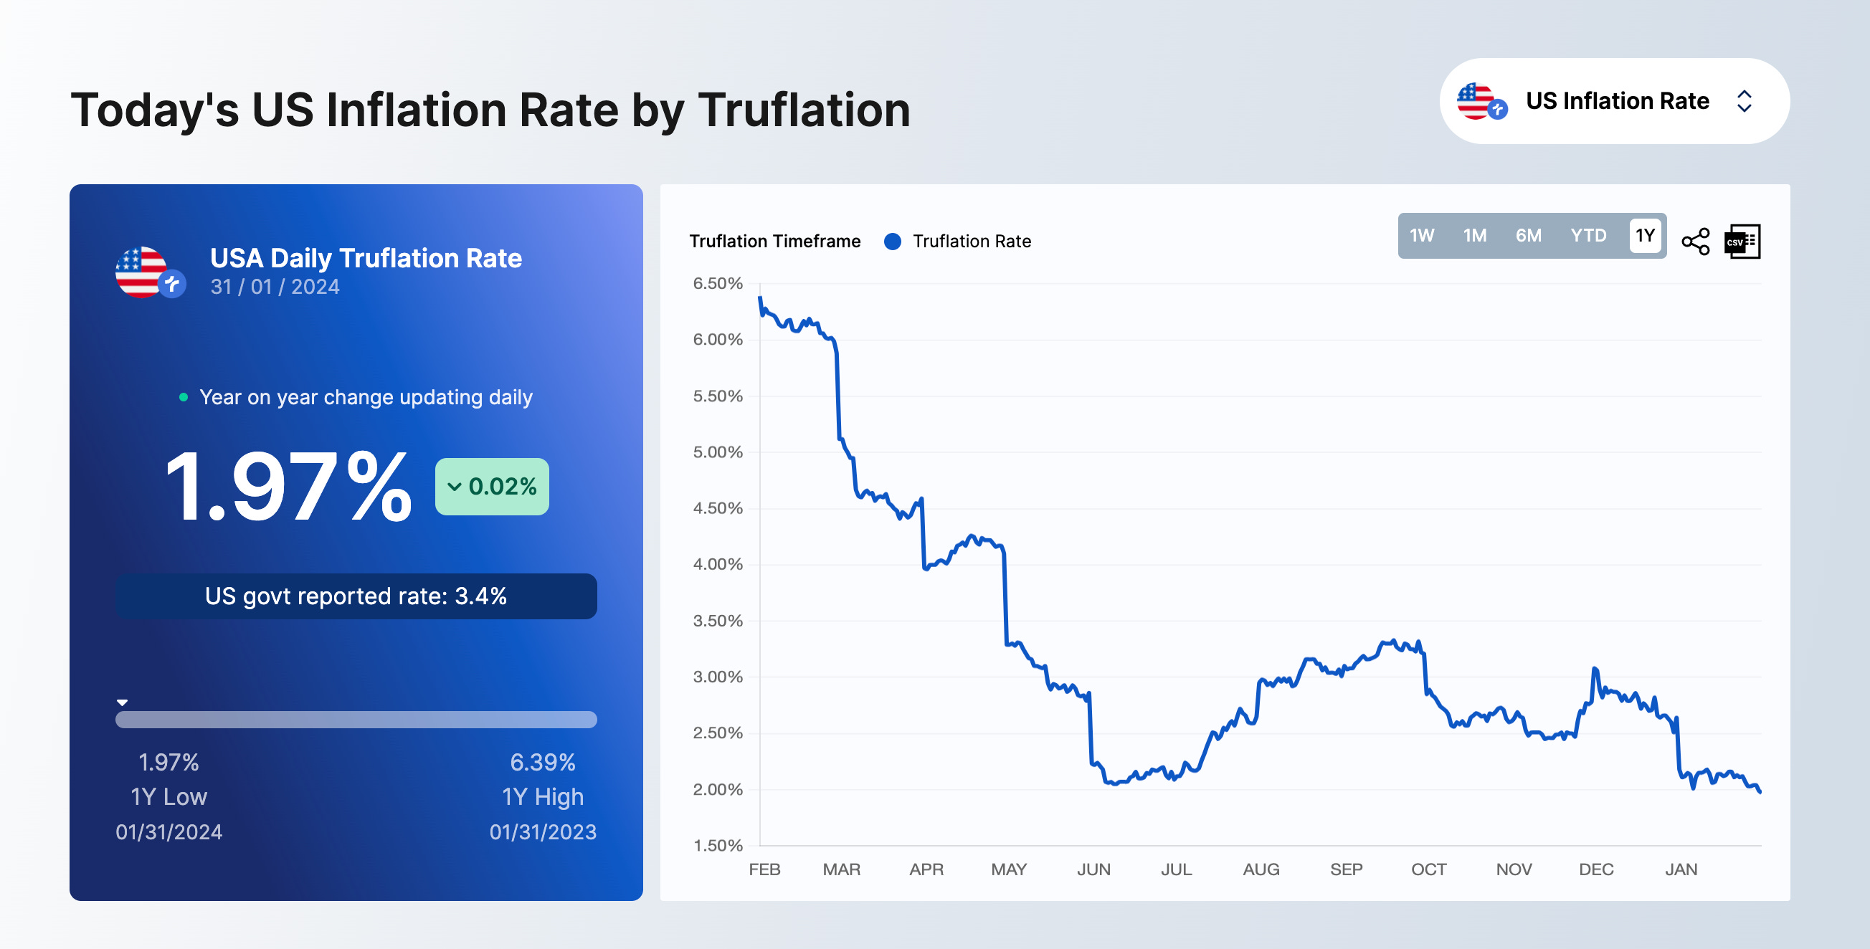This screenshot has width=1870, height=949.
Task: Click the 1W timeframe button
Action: coord(1421,236)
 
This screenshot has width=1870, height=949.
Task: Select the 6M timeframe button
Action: coord(1528,236)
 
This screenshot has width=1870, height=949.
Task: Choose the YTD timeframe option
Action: coord(1587,236)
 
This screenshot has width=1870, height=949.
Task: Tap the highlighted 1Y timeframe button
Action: coord(1644,236)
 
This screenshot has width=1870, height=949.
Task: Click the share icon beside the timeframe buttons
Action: coord(1695,242)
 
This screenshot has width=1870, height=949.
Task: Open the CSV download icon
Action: coord(1742,242)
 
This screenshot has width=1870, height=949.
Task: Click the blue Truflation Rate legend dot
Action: coord(892,242)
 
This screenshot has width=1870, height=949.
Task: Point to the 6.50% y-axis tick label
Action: coord(717,284)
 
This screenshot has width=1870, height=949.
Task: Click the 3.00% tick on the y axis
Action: coord(717,677)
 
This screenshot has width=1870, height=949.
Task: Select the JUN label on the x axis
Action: coord(1093,869)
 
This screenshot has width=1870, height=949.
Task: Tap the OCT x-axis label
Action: coord(1428,869)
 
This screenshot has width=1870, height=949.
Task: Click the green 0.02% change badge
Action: coord(492,486)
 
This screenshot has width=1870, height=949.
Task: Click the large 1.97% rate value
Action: coord(288,486)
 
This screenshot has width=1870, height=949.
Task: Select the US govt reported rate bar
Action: coord(356,596)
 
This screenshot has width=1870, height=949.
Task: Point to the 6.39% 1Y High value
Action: coord(542,763)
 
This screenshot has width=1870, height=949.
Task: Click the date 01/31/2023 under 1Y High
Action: coord(542,832)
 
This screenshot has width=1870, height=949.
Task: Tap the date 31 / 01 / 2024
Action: coord(275,287)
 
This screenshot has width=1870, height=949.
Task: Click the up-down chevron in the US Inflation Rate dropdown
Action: coord(1744,101)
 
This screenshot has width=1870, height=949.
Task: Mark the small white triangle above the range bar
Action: coord(122,702)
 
